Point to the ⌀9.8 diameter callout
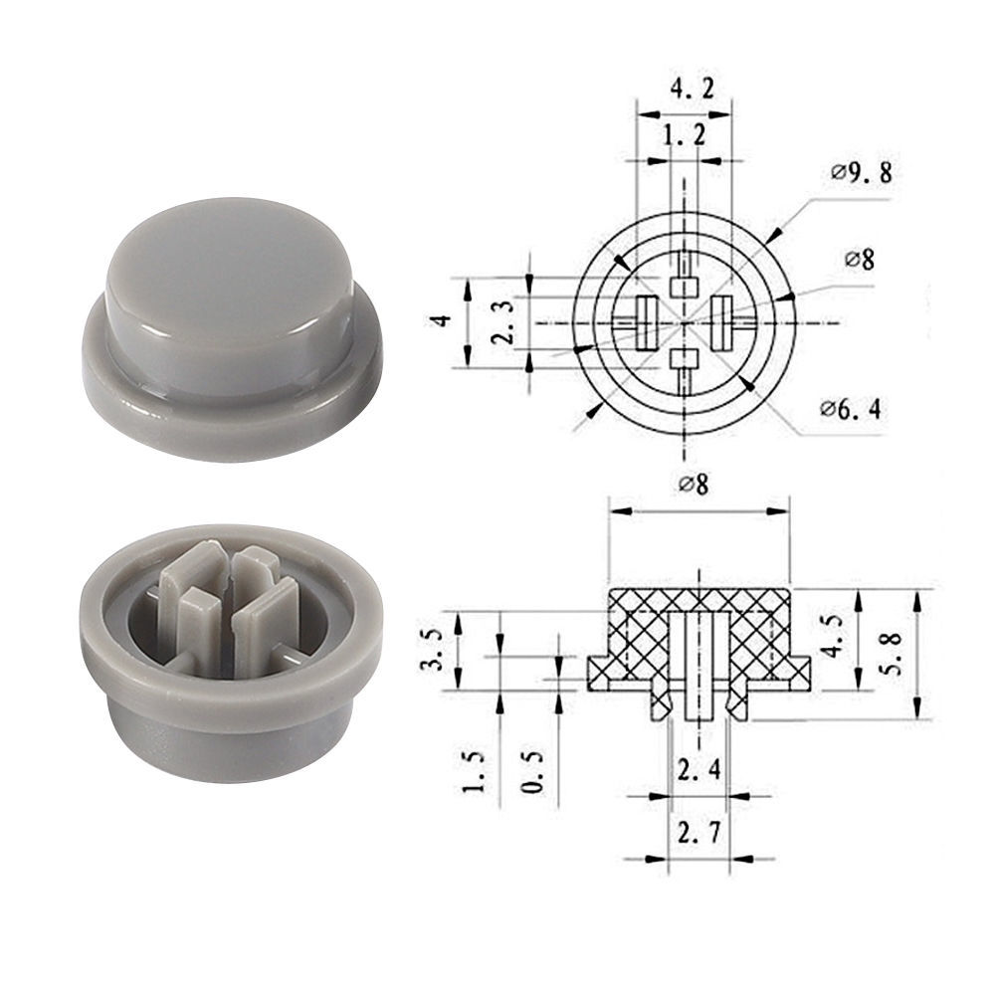coord(862,173)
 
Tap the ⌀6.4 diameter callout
coord(850,407)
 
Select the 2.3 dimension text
coord(506,322)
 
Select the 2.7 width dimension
coord(696,832)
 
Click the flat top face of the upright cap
coord(229,259)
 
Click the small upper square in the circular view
coord(683,287)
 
